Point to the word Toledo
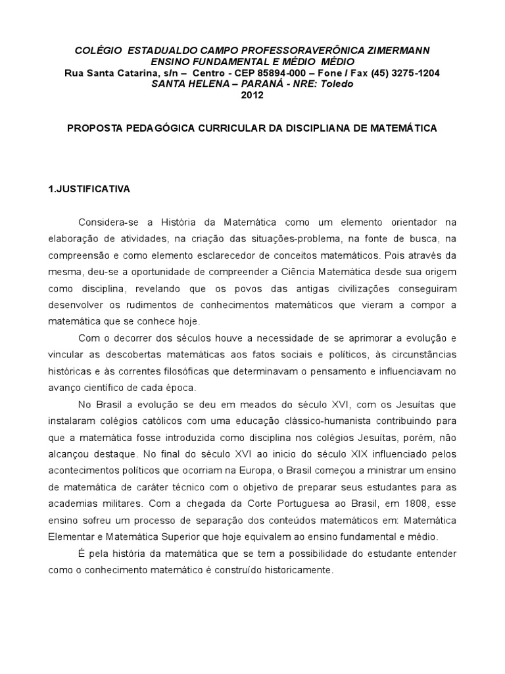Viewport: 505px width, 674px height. pyautogui.click(x=337, y=84)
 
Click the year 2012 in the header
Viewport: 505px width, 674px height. pyautogui.click(x=252, y=95)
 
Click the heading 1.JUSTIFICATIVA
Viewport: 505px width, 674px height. pyautogui.click(x=89, y=189)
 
